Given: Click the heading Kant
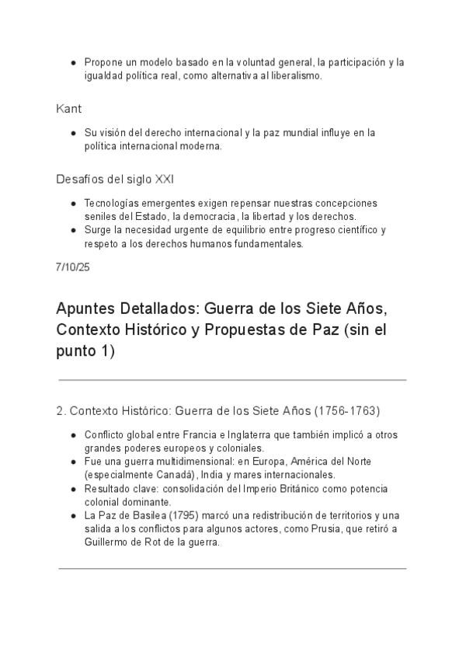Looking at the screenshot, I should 69,108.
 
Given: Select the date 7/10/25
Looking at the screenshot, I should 73,267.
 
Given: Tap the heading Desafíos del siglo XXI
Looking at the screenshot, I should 115,179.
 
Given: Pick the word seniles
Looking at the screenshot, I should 99,215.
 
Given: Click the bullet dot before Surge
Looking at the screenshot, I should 72,230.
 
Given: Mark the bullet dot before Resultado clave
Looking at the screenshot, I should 72,489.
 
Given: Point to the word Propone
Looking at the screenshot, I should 104,62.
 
